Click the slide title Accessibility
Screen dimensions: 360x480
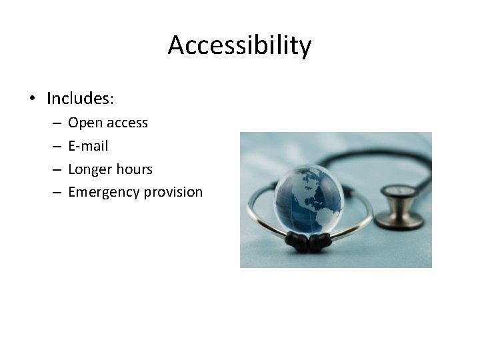[239, 45]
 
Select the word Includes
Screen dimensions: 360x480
[80, 99]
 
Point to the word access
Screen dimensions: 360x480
[127, 123]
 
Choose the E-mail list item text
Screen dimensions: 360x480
[88, 146]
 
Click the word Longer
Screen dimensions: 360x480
[89, 169]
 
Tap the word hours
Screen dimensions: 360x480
[133, 169]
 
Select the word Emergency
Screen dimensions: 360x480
[101, 192]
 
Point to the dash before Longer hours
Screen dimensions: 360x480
[55, 169]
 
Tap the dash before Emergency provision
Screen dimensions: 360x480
[55, 192]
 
